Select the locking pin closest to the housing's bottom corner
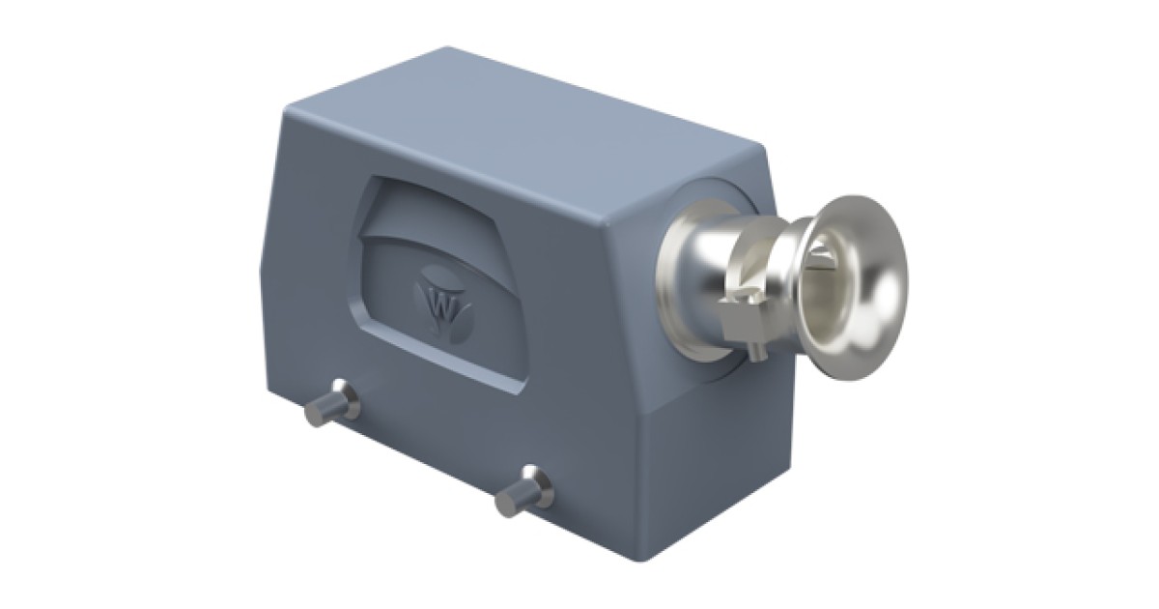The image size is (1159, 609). click(524, 491)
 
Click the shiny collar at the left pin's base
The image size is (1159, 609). click(347, 397)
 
